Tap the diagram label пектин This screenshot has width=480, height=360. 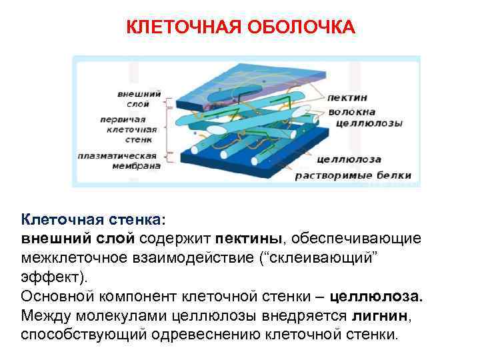345,98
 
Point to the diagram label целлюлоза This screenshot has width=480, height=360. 349,159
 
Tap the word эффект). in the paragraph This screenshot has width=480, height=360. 49,276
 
